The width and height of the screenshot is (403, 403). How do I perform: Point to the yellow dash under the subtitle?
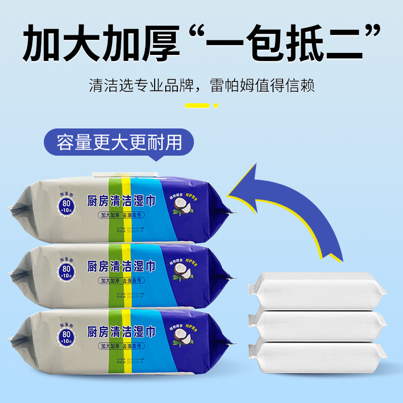[x=197, y=106]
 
